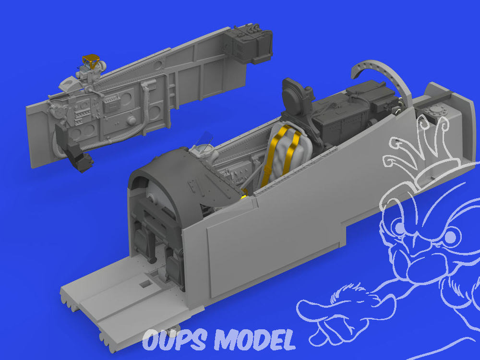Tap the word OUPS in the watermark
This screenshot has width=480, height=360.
click(174, 340)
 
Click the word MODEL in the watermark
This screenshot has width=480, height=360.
click(254, 340)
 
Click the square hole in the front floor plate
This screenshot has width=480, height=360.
click(145, 284)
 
